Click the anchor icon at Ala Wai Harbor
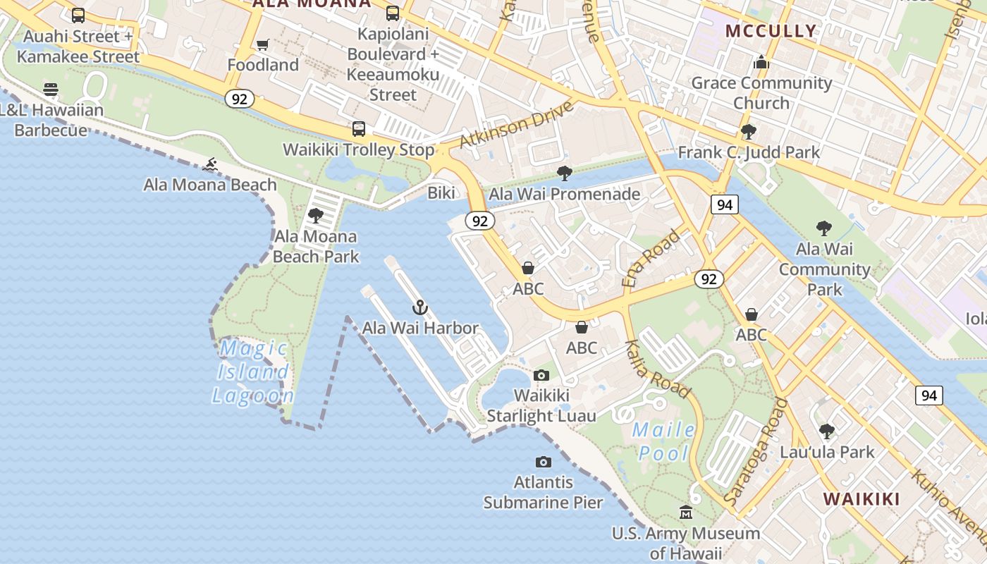tap(420, 307)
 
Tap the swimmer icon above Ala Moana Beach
tap(209, 165)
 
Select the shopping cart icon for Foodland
tap(263, 45)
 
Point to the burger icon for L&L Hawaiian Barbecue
tap(51, 90)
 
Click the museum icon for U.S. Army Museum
tap(686, 513)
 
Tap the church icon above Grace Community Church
tap(761, 63)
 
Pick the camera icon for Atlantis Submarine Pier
tap(543, 462)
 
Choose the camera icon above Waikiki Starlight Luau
tap(541, 375)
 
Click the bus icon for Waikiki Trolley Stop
tap(359, 129)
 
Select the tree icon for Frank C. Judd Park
tap(749, 132)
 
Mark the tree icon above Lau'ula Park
tap(827, 431)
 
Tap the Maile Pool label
tap(663, 441)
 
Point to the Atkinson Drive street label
tap(515, 125)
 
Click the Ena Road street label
tap(652, 258)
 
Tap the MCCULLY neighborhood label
tap(771, 31)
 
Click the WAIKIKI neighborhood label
tap(862, 499)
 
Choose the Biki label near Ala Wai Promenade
tap(442, 193)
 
